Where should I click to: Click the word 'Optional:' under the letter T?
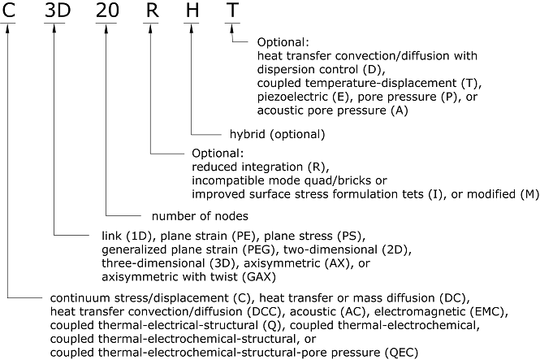point(284,41)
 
